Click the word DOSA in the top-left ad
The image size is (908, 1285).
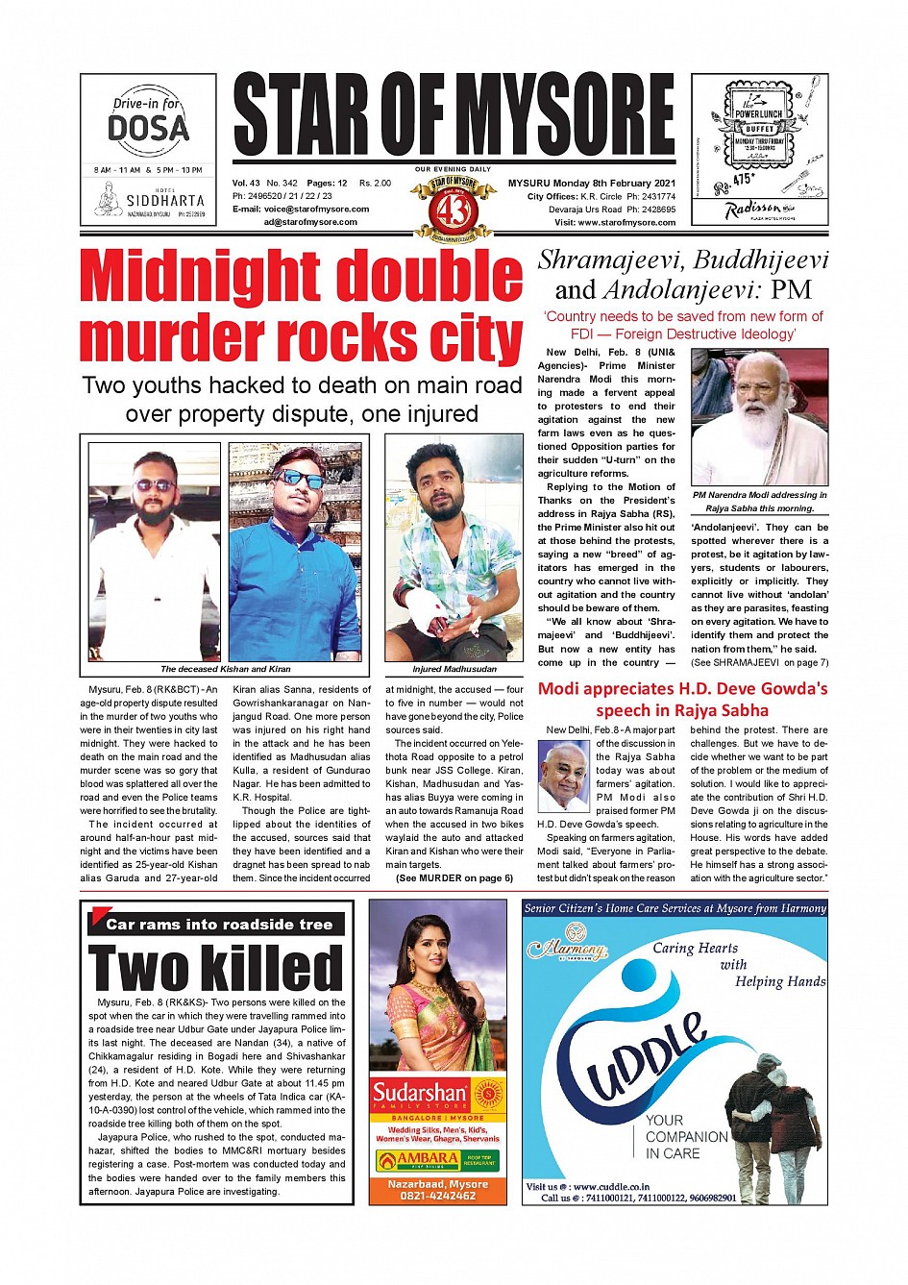point(148,129)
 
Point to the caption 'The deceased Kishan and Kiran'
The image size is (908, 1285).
point(225,669)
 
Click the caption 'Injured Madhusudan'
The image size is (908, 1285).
point(454,669)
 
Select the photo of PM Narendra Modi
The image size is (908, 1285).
point(759,417)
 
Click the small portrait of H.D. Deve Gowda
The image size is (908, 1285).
point(563,777)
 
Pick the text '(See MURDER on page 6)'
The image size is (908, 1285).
point(454,878)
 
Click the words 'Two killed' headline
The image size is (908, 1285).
point(215,968)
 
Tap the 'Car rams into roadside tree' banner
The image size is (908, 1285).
point(218,925)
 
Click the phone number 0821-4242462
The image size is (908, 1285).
point(437,1196)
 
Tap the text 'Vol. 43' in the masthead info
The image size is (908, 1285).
point(246,183)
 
